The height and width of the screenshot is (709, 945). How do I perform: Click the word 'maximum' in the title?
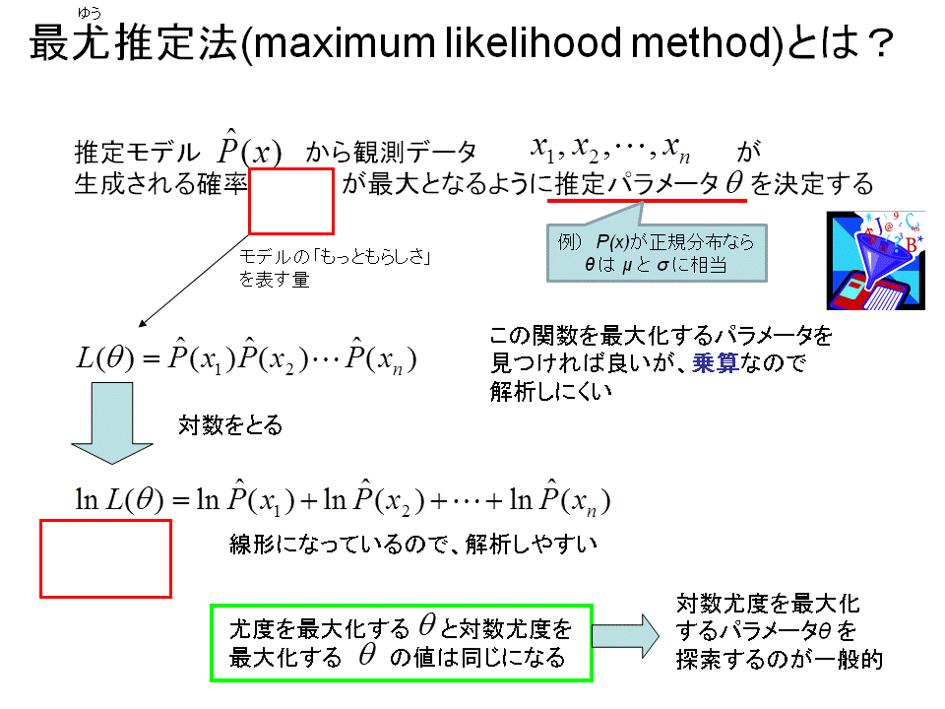click(342, 43)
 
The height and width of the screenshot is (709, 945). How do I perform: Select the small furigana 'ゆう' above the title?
click(90, 13)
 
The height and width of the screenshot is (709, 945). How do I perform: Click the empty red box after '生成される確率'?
click(291, 201)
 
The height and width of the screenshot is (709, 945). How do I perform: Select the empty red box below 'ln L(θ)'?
click(105, 559)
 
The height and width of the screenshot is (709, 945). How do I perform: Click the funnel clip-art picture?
click(875, 260)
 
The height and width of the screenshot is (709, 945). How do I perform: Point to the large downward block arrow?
click(112, 423)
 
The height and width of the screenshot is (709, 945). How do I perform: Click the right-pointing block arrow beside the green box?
click(626, 635)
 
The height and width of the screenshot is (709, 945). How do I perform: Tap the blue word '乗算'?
click(716, 363)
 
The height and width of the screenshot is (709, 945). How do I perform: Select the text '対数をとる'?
click(230, 425)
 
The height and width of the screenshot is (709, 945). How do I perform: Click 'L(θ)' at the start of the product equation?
click(105, 358)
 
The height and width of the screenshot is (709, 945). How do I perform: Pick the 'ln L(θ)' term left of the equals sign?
click(119, 500)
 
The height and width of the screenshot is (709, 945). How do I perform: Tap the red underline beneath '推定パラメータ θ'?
click(647, 200)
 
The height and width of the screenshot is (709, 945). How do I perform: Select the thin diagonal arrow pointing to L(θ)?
click(194, 281)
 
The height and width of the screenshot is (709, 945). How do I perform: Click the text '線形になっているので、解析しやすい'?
click(413, 545)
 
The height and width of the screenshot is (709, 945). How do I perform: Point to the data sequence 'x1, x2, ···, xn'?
click(610, 150)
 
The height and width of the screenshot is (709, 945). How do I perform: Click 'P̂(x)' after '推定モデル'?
click(249, 148)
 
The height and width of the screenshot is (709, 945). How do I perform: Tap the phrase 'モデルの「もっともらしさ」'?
click(335, 257)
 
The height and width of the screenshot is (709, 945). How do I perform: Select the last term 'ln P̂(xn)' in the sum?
click(560, 499)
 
